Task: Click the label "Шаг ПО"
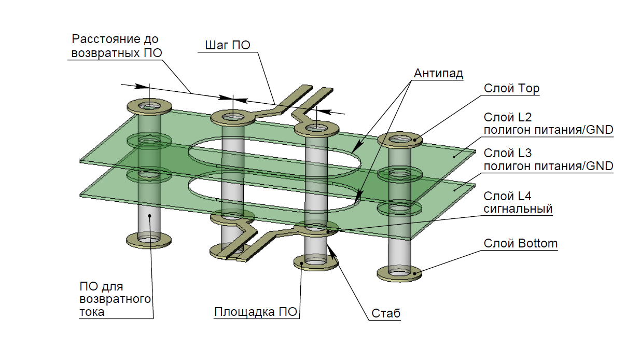(x=228, y=45)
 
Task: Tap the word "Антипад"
(x=438, y=74)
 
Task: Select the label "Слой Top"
(x=511, y=89)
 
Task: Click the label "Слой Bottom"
(x=521, y=243)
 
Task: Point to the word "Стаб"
(x=386, y=313)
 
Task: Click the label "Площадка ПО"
(x=256, y=312)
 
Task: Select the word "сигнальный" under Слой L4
(x=518, y=209)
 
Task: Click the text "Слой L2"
(x=508, y=117)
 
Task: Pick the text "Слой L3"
(x=508, y=153)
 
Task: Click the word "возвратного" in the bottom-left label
(x=115, y=299)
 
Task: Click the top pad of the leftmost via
(x=149, y=106)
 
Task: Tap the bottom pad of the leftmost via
(x=149, y=240)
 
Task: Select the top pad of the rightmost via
(x=400, y=140)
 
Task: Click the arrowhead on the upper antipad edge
(x=357, y=147)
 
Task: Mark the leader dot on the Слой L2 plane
(x=454, y=157)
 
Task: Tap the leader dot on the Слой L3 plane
(x=454, y=190)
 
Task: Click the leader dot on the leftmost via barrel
(x=150, y=216)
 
